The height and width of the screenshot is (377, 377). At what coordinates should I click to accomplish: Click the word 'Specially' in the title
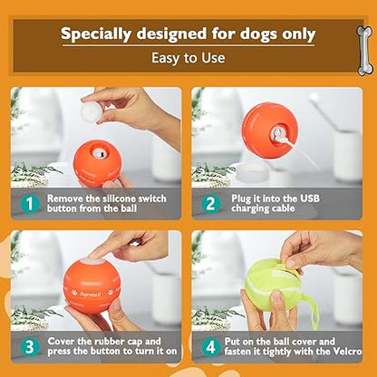tap(101, 34)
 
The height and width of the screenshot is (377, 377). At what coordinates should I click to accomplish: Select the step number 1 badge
tap(30, 204)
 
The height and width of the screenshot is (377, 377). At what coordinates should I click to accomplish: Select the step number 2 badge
tap(209, 204)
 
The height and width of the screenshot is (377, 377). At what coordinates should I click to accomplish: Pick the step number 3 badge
tap(30, 346)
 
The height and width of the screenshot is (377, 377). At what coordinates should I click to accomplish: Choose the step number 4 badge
tap(209, 346)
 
